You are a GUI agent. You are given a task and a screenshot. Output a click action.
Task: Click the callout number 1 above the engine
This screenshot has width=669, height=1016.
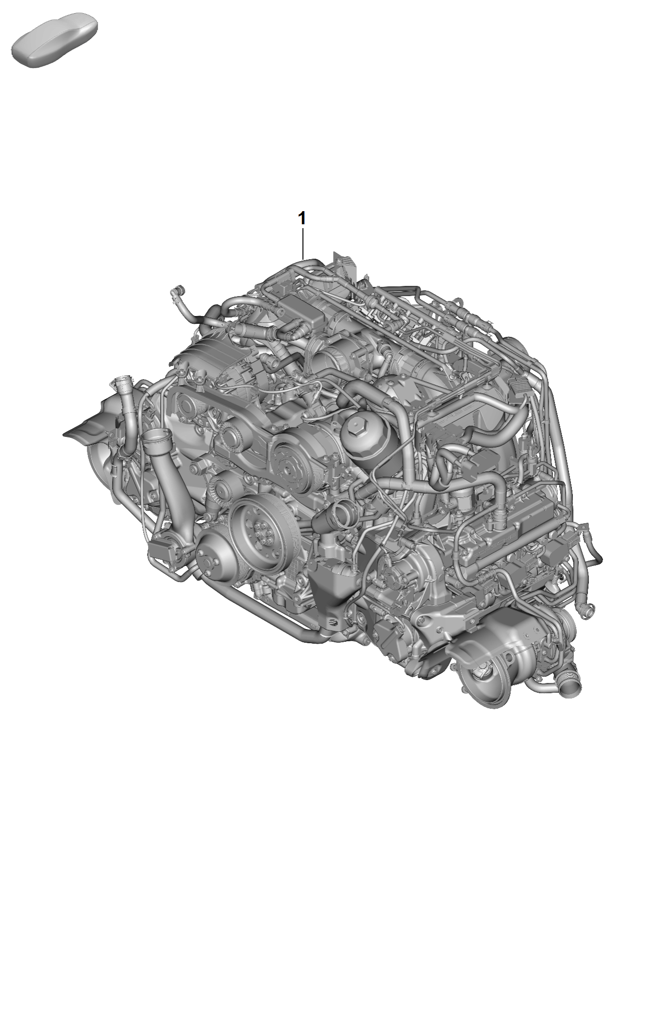(x=302, y=218)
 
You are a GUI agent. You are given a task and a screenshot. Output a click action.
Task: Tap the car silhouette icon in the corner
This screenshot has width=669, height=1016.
(x=55, y=40)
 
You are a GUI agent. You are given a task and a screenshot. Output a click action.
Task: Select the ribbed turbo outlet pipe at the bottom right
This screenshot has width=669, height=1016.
(x=569, y=689)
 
